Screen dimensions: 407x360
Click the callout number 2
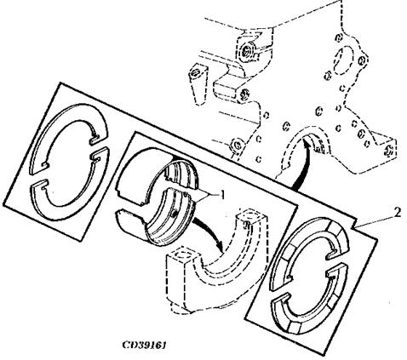(398, 212)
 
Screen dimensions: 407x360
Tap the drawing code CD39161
(144, 345)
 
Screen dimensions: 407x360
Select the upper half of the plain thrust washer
(70, 125)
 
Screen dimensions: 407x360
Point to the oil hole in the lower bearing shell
(175, 213)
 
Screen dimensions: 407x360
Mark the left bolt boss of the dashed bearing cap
(181, 258)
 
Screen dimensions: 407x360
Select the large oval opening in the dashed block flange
(343, 60)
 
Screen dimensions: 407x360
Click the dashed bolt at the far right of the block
(390, 150)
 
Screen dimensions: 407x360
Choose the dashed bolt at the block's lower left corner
(236, 144)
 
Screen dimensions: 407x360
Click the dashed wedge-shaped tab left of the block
(198, 83)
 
